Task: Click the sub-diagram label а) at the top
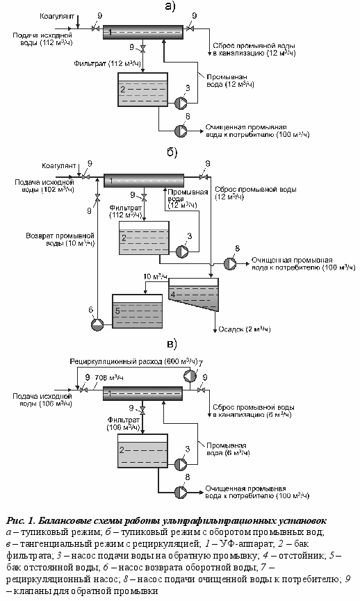(170, 6)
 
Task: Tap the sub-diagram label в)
(172, 343)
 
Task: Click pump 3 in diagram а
(181, 103)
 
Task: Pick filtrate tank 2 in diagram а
(142, 90)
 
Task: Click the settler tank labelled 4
(194, 295)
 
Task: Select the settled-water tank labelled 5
(137, 311)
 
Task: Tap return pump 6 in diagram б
(97, 324)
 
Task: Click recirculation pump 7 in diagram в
(190, 376)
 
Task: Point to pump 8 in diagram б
(230, 263)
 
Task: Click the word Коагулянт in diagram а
(57, 17)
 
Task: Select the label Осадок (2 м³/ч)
(245, 329)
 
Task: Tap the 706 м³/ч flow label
(109, 378)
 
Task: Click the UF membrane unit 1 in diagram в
(142, 393)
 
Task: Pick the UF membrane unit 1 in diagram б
(144, 180)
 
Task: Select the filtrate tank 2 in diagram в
(142, 451)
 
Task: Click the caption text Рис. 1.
(21, 520)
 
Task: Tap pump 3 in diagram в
(181, 464)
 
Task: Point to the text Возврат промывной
(60, 236)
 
